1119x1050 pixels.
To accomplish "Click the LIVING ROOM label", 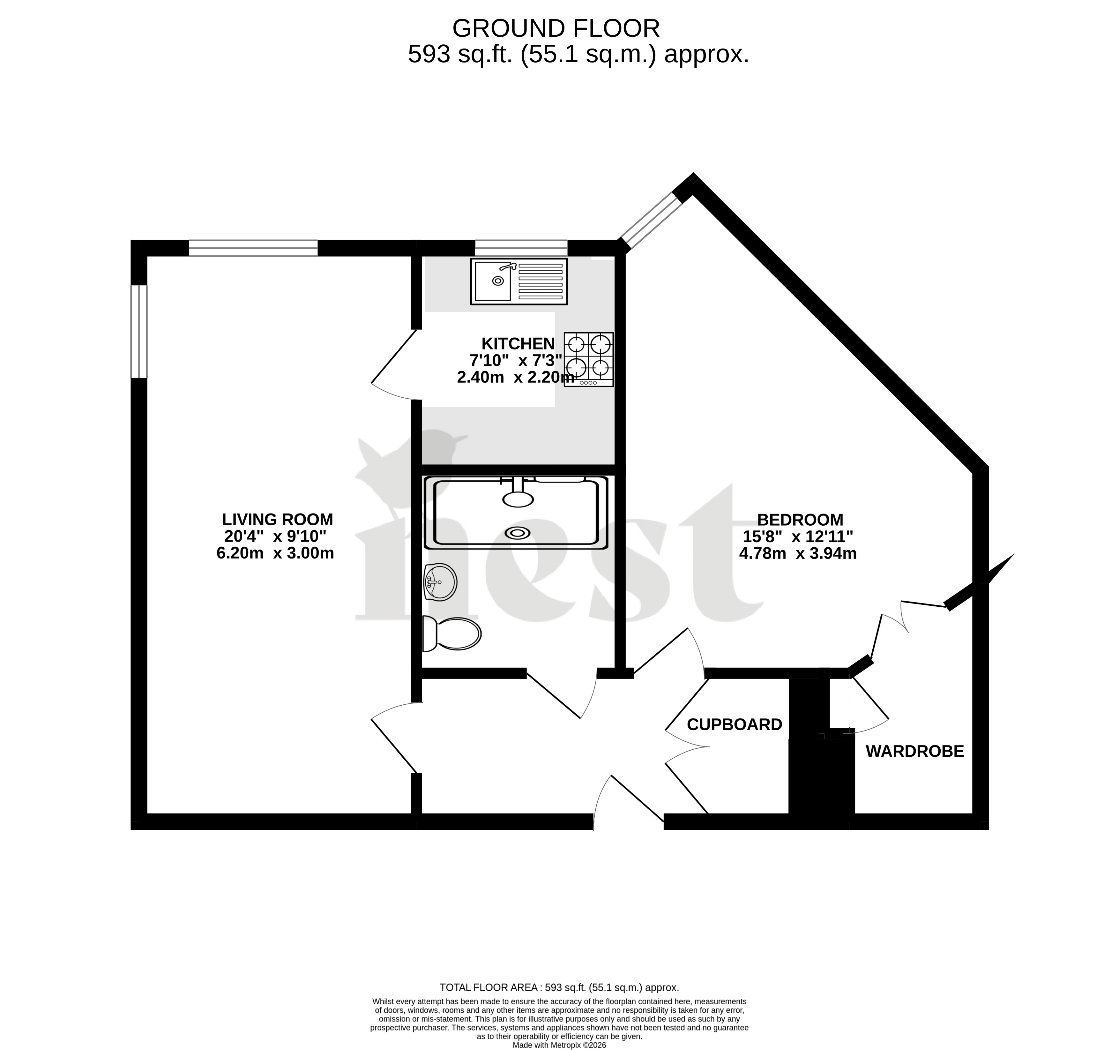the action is point(278,519).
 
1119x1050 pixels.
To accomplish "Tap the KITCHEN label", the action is point(518,343).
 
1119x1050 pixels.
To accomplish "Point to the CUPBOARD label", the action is point(735,724).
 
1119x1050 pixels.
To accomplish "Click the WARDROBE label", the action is point(915,751).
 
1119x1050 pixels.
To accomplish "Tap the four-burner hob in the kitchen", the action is point(589,359).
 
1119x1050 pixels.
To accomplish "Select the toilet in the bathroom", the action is point(451,634).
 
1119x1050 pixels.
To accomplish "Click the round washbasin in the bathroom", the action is point(440,581).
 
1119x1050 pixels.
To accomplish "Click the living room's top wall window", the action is point(253,248).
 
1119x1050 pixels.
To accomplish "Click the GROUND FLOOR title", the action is point(556,28).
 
